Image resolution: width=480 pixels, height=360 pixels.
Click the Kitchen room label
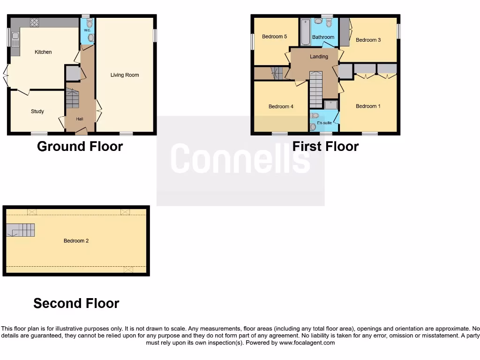coord(43,52)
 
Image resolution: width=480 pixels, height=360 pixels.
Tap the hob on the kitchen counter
coord(35,22)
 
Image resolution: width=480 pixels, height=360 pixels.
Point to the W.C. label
coord(87,30)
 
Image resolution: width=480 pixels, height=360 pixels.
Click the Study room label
coord(37,112)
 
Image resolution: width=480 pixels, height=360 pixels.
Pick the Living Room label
coord(125,75)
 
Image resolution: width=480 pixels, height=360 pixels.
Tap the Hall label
coord(80,119)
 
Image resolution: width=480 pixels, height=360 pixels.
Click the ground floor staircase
coord(72,98)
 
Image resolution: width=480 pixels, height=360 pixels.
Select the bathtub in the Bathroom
coord(306,32)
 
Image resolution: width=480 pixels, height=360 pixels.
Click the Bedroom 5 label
coord(274,37)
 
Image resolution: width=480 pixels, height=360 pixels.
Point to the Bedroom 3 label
coord(368,40)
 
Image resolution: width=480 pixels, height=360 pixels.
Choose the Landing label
coord(319,57)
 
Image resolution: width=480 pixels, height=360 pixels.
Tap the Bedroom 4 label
coord(281,106)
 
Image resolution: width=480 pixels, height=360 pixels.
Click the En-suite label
coord(324,123)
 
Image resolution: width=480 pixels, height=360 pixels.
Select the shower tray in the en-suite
coord(330,105)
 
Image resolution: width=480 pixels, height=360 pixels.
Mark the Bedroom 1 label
coord(368,106)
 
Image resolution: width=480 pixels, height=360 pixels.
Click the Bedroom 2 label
coord(76,241)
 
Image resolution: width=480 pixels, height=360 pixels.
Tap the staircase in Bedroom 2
coord(21,230)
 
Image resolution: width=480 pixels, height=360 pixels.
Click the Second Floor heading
coord(76,304)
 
